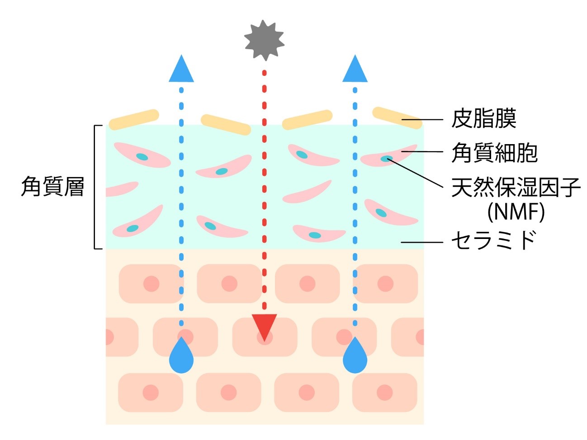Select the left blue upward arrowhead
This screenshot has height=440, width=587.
[x=181, y=70]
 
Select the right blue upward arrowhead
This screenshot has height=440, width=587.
[x=355, y=70]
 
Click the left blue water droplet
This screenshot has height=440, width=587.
[x=181, y=357]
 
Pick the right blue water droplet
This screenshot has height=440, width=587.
[x=355, y=357]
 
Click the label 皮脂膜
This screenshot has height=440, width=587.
[x=483, y=119]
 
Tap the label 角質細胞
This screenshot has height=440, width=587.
[x=494, y=153]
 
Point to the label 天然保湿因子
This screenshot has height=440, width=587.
[x=516, y=187]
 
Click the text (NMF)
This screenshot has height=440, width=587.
[x=516, y=211]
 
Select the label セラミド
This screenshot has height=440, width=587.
[x=494, y=240]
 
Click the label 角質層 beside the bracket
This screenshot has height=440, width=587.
[x=53, y=187]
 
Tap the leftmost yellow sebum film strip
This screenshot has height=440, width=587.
[x=134, y=119]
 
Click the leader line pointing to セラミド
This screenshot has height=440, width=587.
[x=421, y=243]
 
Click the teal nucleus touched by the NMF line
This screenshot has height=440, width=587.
[x=386, y=159]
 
